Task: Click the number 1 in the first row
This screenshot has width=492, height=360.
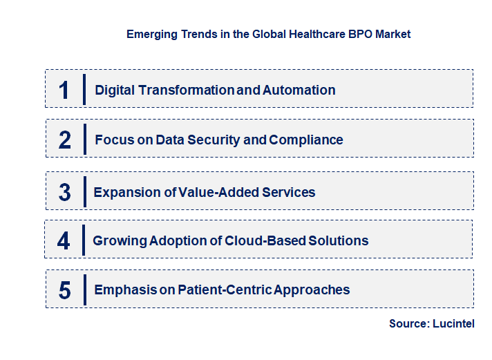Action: click(64, 90)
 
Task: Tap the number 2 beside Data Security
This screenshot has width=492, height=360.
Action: click(65, 140)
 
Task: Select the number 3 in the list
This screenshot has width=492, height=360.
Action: click(65, 192)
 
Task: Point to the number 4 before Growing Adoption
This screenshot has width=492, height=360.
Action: click(64, 240)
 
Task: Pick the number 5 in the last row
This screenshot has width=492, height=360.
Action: click(65, 290)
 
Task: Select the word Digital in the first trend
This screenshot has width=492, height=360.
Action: click(116, 90)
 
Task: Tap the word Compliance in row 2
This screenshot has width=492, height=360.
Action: click(306, 140)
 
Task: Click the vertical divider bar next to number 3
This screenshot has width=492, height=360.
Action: click(84, 191)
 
